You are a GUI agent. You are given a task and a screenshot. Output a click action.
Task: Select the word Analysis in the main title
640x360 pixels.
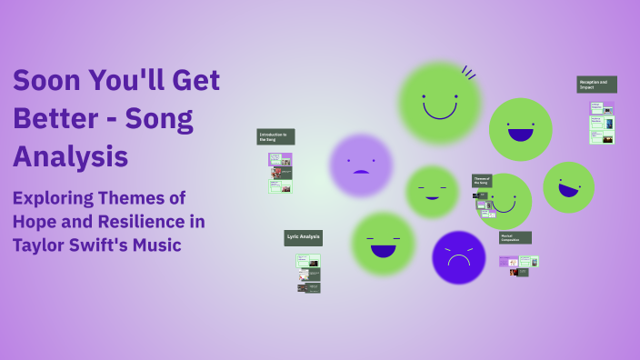pos(70,155)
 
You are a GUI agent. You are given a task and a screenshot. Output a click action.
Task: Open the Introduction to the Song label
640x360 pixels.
pos(275,137)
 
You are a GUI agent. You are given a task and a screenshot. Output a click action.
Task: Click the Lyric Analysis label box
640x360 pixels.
pos(304,237)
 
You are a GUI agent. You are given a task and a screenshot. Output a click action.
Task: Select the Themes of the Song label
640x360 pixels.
pos(481,181)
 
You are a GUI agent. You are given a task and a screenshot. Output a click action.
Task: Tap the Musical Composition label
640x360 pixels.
pos(515,237)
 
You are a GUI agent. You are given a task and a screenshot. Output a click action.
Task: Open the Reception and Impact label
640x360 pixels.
pos(596,85)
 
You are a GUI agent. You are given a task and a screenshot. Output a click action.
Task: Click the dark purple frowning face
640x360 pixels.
pos(458,257)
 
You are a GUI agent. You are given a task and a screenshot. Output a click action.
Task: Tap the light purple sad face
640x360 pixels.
pos(361,165)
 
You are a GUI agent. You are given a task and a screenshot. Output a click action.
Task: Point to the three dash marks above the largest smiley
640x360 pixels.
pos(469,73)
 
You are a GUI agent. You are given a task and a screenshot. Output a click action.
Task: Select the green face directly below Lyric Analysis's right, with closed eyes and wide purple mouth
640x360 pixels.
pos(383,244)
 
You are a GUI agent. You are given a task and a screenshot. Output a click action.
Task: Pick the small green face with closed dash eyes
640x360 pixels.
pos(432,192)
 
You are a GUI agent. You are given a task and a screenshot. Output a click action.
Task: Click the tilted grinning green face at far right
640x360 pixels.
pos(568,186)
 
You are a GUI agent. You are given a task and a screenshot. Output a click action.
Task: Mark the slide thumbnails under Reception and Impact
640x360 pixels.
pos(602,123)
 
